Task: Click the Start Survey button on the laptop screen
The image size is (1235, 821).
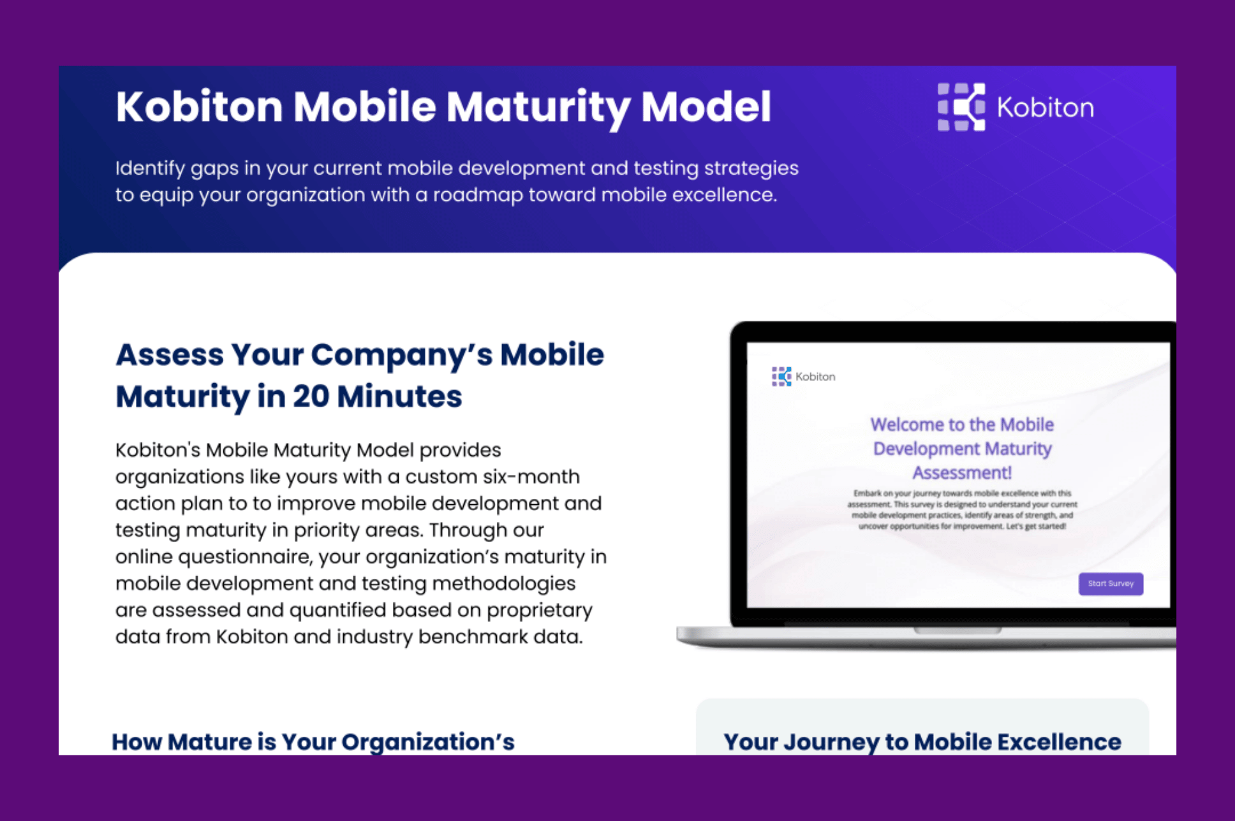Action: [1111, 583]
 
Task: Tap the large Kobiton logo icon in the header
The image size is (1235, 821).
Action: [961, 107]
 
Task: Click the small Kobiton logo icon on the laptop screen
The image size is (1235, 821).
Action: [781, 376]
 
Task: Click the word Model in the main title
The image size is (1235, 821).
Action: [706, 107]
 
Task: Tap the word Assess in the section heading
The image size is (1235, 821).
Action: [170, 354]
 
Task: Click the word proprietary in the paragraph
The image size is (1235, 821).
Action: [539, 611]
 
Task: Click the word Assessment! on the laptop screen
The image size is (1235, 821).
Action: [961, 473]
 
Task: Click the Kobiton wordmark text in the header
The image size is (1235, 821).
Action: [1045, 108]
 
